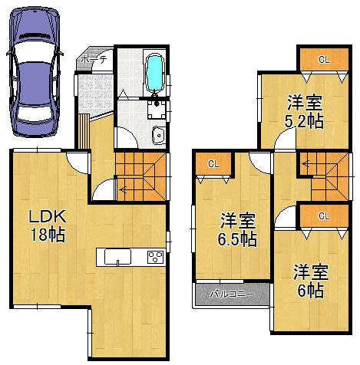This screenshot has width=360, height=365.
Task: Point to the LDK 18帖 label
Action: coord(46,225)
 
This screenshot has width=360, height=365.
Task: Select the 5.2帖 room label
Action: coord(305,112)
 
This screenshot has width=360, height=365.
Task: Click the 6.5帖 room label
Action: coord(238,231)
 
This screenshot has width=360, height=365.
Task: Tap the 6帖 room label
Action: coord(310,281)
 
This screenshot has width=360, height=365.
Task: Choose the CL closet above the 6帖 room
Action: coord(324,215)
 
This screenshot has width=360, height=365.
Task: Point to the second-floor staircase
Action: coord(322,174)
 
